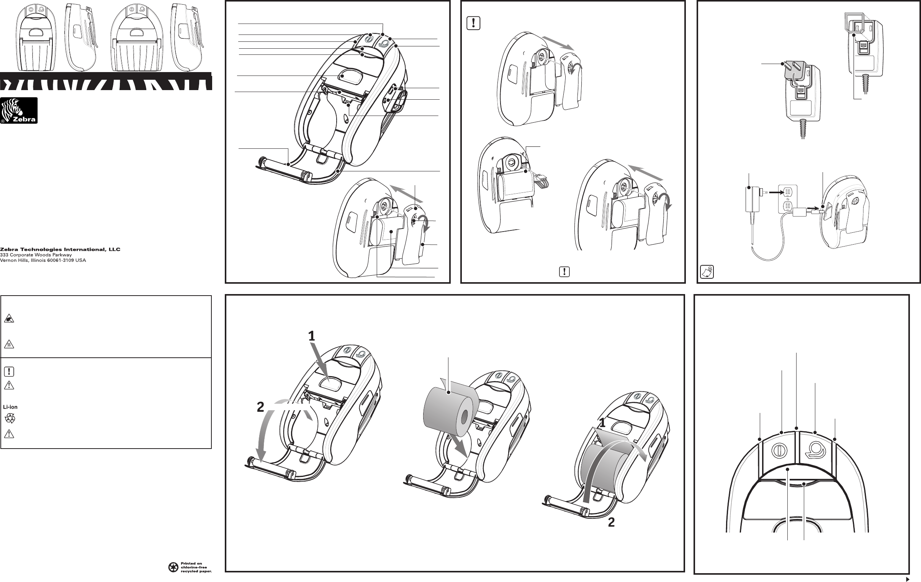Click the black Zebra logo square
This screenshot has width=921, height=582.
pyautogui.click(x=19, y=110)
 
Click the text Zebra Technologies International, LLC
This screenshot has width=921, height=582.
pyautogui.click(x=60, y=250)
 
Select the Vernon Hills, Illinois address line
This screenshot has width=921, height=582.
pyautogui.click(x=43, y=260)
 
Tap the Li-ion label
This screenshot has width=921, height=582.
pyautogui.click(x=10, y=407)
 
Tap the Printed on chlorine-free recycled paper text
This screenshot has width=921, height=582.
pyautogui.click(x=196, y=567)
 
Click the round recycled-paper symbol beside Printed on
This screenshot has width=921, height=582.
pyautogui.click(x=173, y=567)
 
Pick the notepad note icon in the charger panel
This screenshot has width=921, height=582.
pyautogui.click(x=706, y=271)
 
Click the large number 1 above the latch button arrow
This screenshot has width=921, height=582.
pyautogui.click(x=312, y=336)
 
